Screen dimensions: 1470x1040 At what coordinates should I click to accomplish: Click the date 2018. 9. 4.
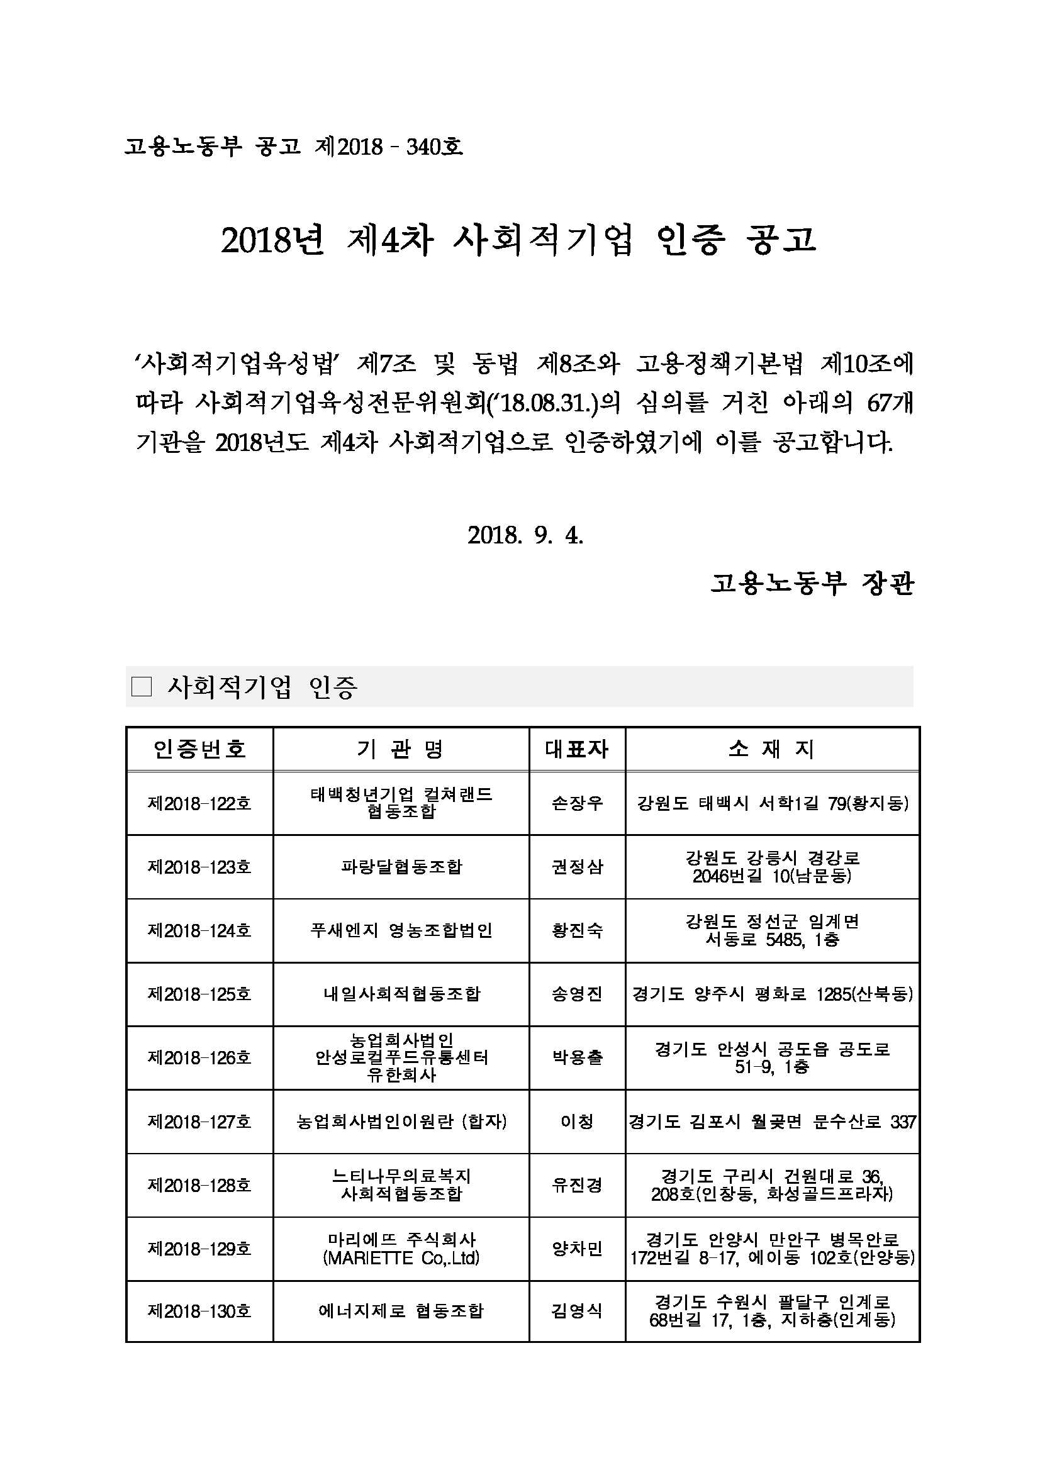[x=525, y=535]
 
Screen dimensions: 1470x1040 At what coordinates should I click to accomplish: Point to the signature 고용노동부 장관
[x=812, y=583]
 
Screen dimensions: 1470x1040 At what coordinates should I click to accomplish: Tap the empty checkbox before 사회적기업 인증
[x=141, y=687]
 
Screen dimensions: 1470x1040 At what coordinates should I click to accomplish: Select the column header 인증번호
[x=199, y=749]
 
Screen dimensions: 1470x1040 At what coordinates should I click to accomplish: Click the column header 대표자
[x=576, y=749]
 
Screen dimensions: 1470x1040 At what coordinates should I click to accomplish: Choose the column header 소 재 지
[x=772, y=749]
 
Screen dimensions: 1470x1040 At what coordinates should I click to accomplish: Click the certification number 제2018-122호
[x=199, y=803]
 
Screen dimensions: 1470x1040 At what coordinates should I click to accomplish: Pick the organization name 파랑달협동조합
[x=401, y=867]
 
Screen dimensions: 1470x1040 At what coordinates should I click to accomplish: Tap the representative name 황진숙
[x=576, y=930]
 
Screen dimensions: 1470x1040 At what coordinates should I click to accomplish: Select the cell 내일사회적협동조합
[x=401, y=994]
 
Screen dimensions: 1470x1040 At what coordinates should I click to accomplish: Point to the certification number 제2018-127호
[x=199, y=1121]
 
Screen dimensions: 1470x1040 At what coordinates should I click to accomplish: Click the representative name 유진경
[x=576, y=1185]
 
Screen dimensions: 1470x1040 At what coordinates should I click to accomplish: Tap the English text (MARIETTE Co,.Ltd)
[x=401, y=1258]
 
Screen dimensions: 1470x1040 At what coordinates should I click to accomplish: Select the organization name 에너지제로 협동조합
[x=401, y=1311]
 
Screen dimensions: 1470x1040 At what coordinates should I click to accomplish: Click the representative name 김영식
[x=576, y=1311]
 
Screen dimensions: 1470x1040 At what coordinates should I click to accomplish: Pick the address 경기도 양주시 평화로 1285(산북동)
[x=772, y=994]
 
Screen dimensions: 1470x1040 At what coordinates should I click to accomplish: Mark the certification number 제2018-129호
[x=199, y=1249]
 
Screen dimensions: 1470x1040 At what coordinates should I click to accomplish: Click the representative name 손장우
[x=576, y=803]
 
